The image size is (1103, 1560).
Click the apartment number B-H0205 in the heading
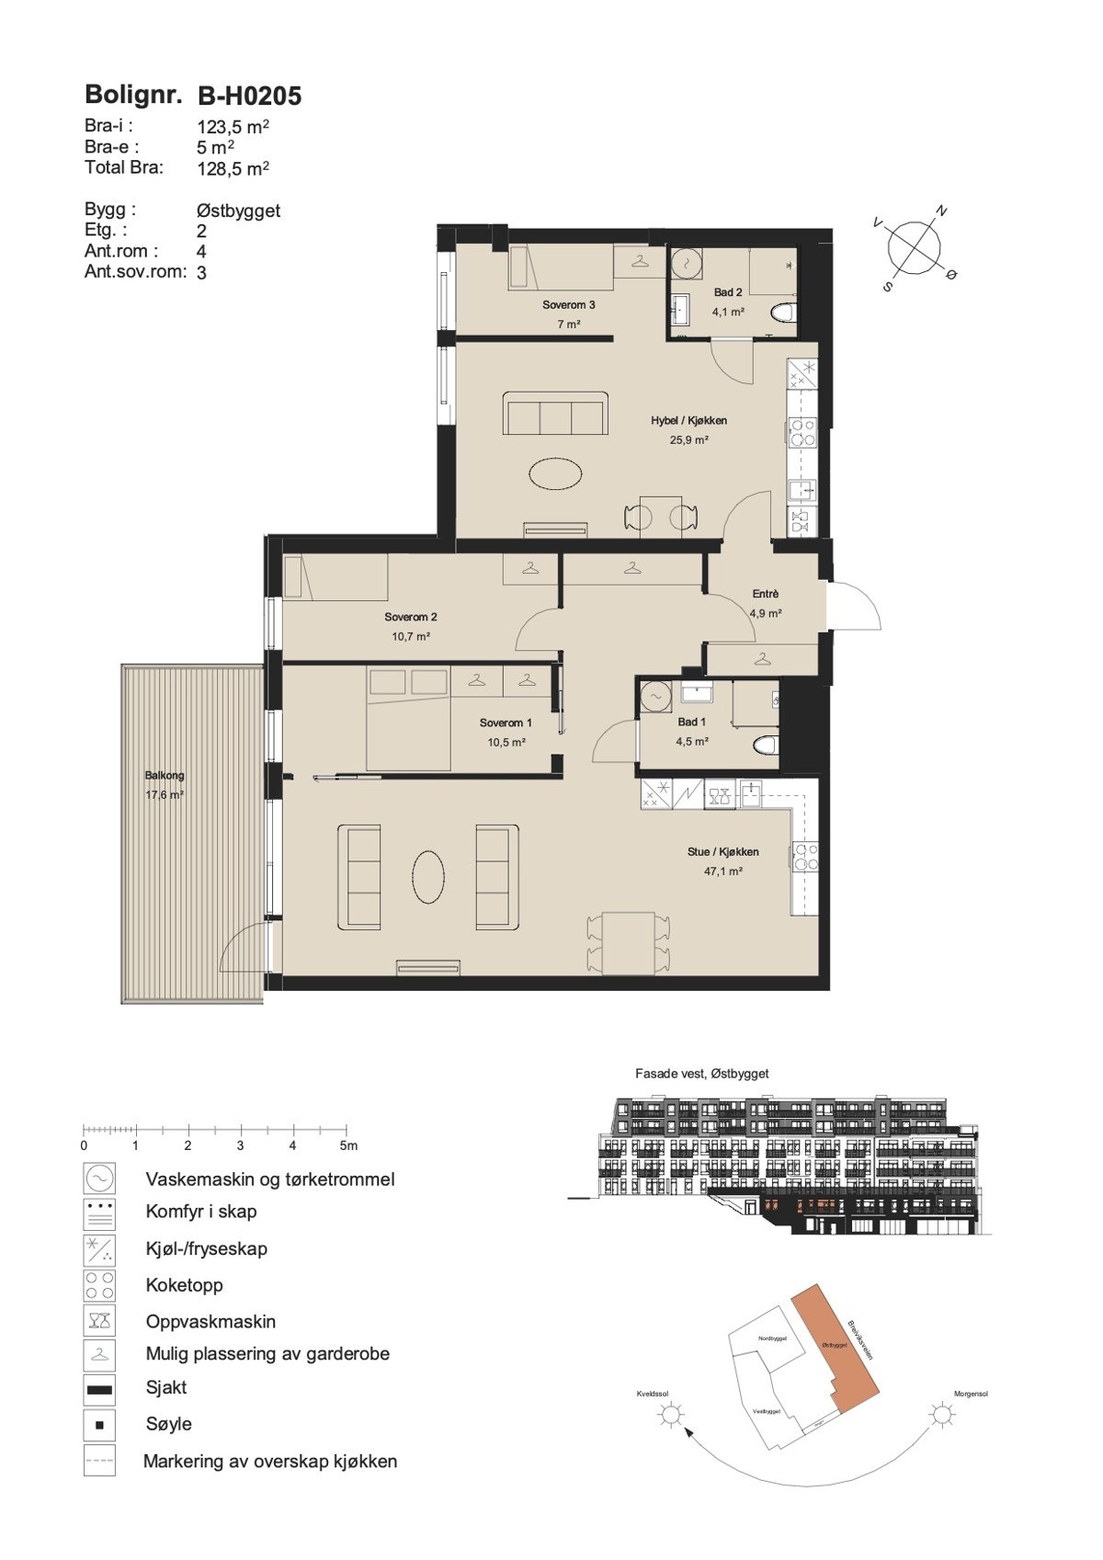250,96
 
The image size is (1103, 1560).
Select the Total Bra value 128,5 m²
233,168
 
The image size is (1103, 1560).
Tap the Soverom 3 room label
568,305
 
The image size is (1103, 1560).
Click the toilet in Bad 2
782,313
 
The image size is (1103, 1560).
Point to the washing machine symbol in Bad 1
655,697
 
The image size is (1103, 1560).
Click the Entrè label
765,594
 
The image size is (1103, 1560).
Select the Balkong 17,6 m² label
165,785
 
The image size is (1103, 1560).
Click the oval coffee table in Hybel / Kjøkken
555,475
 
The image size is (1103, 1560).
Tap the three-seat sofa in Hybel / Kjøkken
555,414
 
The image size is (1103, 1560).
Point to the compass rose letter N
940,211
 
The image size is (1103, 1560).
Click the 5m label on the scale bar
348,1145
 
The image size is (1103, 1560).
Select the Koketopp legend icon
99,1285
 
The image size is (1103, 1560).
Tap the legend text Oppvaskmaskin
210,1321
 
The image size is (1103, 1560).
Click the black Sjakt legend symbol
99,1389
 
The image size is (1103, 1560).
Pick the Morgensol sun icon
941,1414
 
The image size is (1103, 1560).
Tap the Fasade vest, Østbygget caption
701,1073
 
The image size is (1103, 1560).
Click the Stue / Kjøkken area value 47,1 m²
722,871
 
